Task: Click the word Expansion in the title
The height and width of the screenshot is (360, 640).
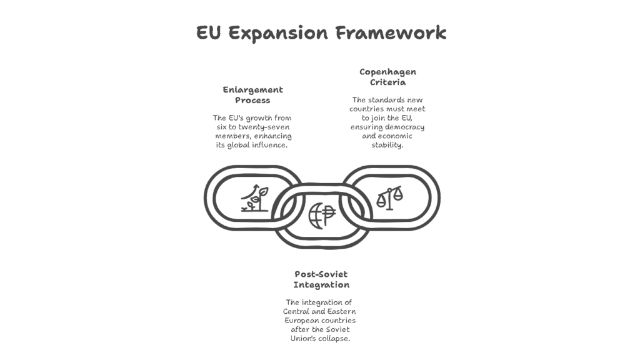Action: click(278, 33)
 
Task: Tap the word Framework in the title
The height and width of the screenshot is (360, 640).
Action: click(391, 32)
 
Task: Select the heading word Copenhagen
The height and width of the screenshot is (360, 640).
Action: click(387, 72)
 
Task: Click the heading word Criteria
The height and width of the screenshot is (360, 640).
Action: click(387, 82)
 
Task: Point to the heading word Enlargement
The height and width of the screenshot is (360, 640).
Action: click(252, 90)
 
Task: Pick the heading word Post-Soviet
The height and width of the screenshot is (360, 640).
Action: click(321, 274)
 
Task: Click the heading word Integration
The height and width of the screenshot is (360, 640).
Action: click(321, 285)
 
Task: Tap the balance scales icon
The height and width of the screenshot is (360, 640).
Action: click(389, 198)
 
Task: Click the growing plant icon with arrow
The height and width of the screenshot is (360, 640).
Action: click(255, 198)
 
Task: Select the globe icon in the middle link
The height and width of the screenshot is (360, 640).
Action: click(322, 215)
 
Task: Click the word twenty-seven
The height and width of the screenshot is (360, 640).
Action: click(264, 127)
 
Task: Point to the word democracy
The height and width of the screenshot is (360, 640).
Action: click(406, 127)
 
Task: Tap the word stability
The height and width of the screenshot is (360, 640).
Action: click(387, 145)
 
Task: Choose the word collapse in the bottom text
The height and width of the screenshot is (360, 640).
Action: click(334, 338)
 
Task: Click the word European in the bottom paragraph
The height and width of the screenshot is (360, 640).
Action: click(301, 321)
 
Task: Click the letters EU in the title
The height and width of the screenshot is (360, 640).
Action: click(208, 32)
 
